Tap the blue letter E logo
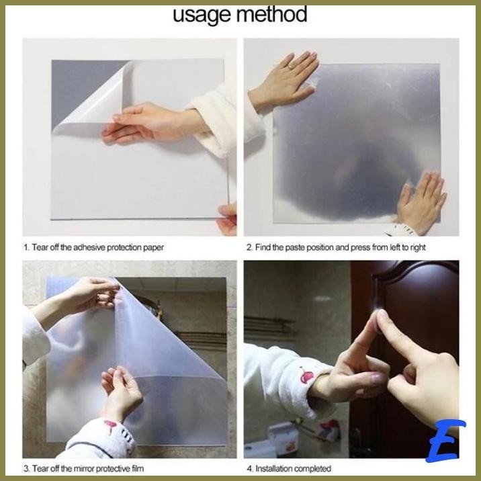pos(445,441)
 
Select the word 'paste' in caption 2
pos(295,248)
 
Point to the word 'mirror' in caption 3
pos(85,469)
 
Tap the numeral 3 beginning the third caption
pos(26,469)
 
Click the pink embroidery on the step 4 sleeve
pos(306,376)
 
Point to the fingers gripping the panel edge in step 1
pos(228,219)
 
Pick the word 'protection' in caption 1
pos(124,248)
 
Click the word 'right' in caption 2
pos(417,248)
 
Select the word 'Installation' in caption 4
pos(273,469)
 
